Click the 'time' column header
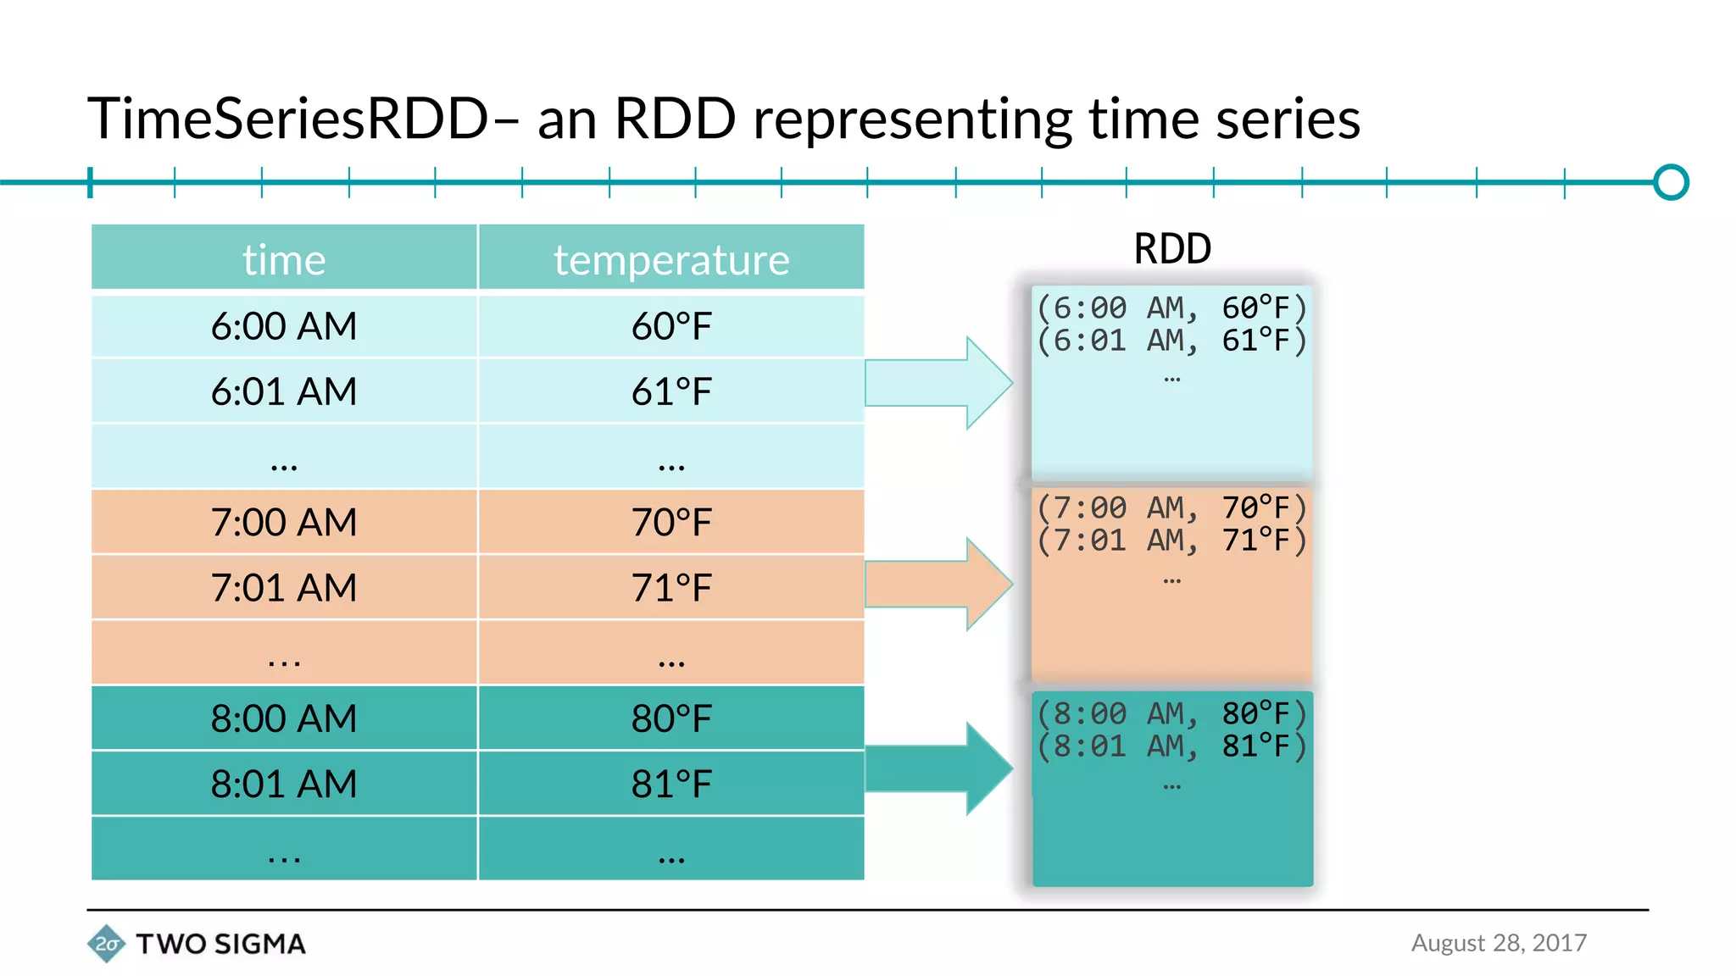pyautogui.click(x=284, y=259)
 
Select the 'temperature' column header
pyautogui.click(x=671, y=259)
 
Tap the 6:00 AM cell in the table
pyautogui.click(x=284, y=326)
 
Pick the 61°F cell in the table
pyautogui.click(x=671, y=391)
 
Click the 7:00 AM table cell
pyautogui.click(x=284, y=522)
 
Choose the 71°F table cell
pyautogui.click(x=671, y=588)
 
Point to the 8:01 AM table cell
pyautogui.click(x=284, y=784)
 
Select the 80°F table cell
pyautogui.click(x=671, y=718)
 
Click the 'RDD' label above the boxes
pyautogui.click(x=1172, y=249)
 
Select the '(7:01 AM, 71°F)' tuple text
pyautogui.click(x=1172, y=541)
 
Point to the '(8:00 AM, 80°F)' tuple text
pyautogui.click(x=1172, y=714)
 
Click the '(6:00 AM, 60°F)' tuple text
pyautogui.click(x=1172, y=308)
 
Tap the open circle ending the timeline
pyautogui.click(x=1671, y=182)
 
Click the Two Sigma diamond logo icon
pyautogui.click(x=106, y=944)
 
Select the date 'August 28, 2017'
pyautogui.click(x=1499, y=943)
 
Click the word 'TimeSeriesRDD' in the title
pyautogui.click(x=288, y=119)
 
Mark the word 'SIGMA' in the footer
pyautogui.click(x=259, y=944)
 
